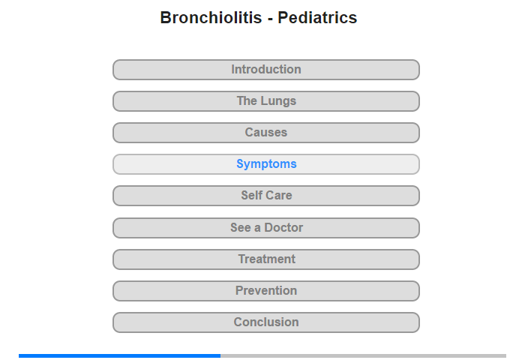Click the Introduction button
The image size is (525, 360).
[x=266, y=70]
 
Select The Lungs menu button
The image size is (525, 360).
[x=266, y=101]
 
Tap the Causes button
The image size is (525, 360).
[x=266, y=133]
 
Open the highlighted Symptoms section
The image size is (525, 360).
[x=266, y=164]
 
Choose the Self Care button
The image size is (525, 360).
[x=266, y=196]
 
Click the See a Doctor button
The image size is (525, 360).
[x=266, y=228]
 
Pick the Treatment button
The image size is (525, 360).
[x=266, y=259]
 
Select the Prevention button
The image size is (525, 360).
[x=266, y=291]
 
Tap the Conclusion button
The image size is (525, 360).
[x=266, y=322]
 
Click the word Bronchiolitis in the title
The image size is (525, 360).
[x=211, y=17]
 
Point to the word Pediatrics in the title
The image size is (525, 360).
[x=317, y=17]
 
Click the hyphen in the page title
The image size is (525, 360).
[x=270, y=19]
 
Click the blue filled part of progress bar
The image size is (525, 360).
[x=119, y=355]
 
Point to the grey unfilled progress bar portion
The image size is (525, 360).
[x=363, y=355]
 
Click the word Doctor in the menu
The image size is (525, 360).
[x=283, y=228]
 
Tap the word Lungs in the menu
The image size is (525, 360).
[x=278, y=101]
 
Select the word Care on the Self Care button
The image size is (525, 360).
[x=277, y=196]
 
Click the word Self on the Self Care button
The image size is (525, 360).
[x=250, y=196]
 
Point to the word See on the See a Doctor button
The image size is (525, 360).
[x=241, y=228]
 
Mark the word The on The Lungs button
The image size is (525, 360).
[x=247, y=100]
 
